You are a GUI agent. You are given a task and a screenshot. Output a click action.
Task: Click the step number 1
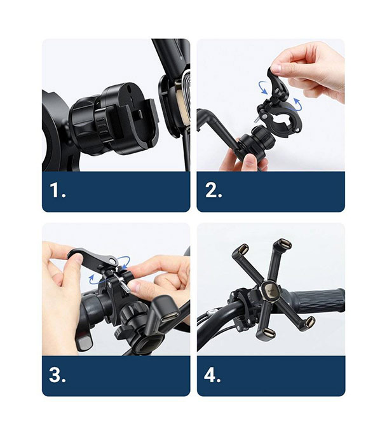57,191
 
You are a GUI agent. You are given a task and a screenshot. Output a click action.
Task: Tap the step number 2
212,191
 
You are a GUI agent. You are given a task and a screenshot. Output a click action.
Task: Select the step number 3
57,375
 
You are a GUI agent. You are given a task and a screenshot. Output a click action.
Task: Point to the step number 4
212,375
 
